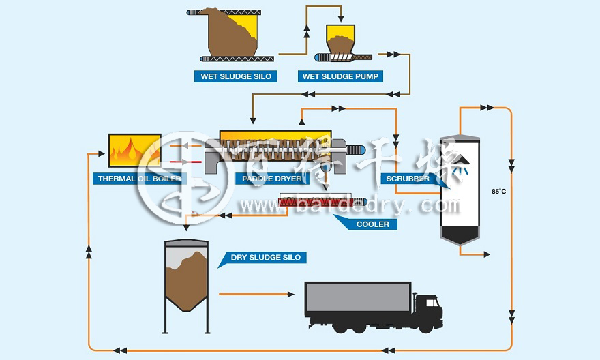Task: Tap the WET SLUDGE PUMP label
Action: click(340, 76)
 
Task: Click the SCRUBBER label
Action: click(408, 179)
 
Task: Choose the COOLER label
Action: click(372, 224)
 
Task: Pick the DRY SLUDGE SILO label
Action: click(265, 257)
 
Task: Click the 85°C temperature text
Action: click(498, 192)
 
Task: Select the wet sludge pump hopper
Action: click(340, 38)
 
